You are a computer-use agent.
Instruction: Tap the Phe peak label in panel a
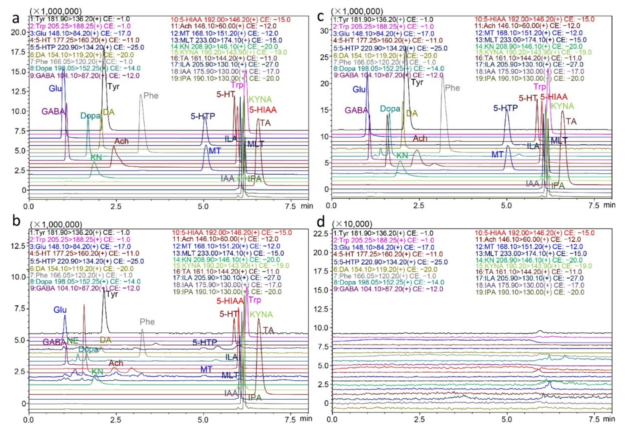point(151,96)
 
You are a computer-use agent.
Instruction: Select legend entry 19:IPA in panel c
point(530,78)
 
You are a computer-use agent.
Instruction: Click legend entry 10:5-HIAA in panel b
point(232,233)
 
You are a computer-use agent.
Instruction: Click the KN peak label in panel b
point(97,372)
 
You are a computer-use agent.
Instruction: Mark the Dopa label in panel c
point(390,109)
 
